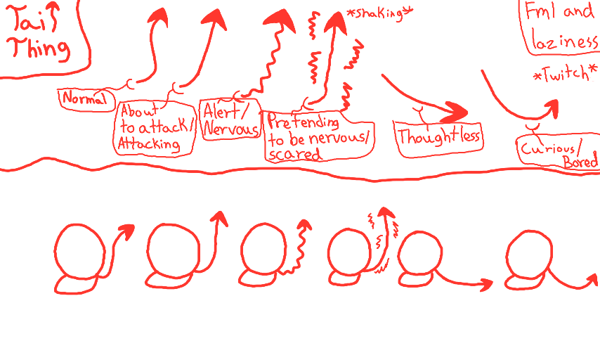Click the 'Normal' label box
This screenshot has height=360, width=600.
click(86, 98)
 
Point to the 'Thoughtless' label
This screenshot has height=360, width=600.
click(439, 136)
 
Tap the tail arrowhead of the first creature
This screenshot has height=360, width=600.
click(126, 231)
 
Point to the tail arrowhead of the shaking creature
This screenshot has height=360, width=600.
click(384, 212)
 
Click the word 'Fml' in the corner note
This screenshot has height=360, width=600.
click(537, 12)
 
